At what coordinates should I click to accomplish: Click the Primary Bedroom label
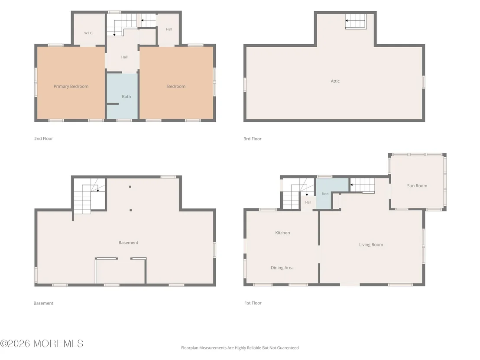(x=71, y=86)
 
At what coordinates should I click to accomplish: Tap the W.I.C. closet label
(x=88, y=33)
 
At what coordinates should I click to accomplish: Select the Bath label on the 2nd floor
(x=126, y=97)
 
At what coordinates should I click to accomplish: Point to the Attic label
(x=335, y=81)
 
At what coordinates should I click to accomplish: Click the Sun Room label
(x=417, y=185)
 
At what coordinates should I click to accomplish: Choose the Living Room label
(x=371, y=245)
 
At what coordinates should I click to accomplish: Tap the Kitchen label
(x=282, y=233)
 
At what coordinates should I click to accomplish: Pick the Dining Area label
(x=282, y=268)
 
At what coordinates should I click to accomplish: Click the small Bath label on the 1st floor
(x=325, y=194)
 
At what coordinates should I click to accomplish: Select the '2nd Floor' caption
(x=43, y=138)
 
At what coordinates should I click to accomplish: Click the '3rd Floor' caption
(x=253, y=139)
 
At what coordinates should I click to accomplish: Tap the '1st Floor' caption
(x=253, y=303)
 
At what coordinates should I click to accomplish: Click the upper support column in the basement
(x=130, y=187)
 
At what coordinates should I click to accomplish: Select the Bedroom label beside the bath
(x=176, y=86)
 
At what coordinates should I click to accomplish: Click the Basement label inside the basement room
(x=128, y=243)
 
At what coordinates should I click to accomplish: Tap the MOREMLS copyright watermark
(x=42, y=344)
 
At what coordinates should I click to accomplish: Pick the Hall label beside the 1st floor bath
(x=308, y=202)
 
